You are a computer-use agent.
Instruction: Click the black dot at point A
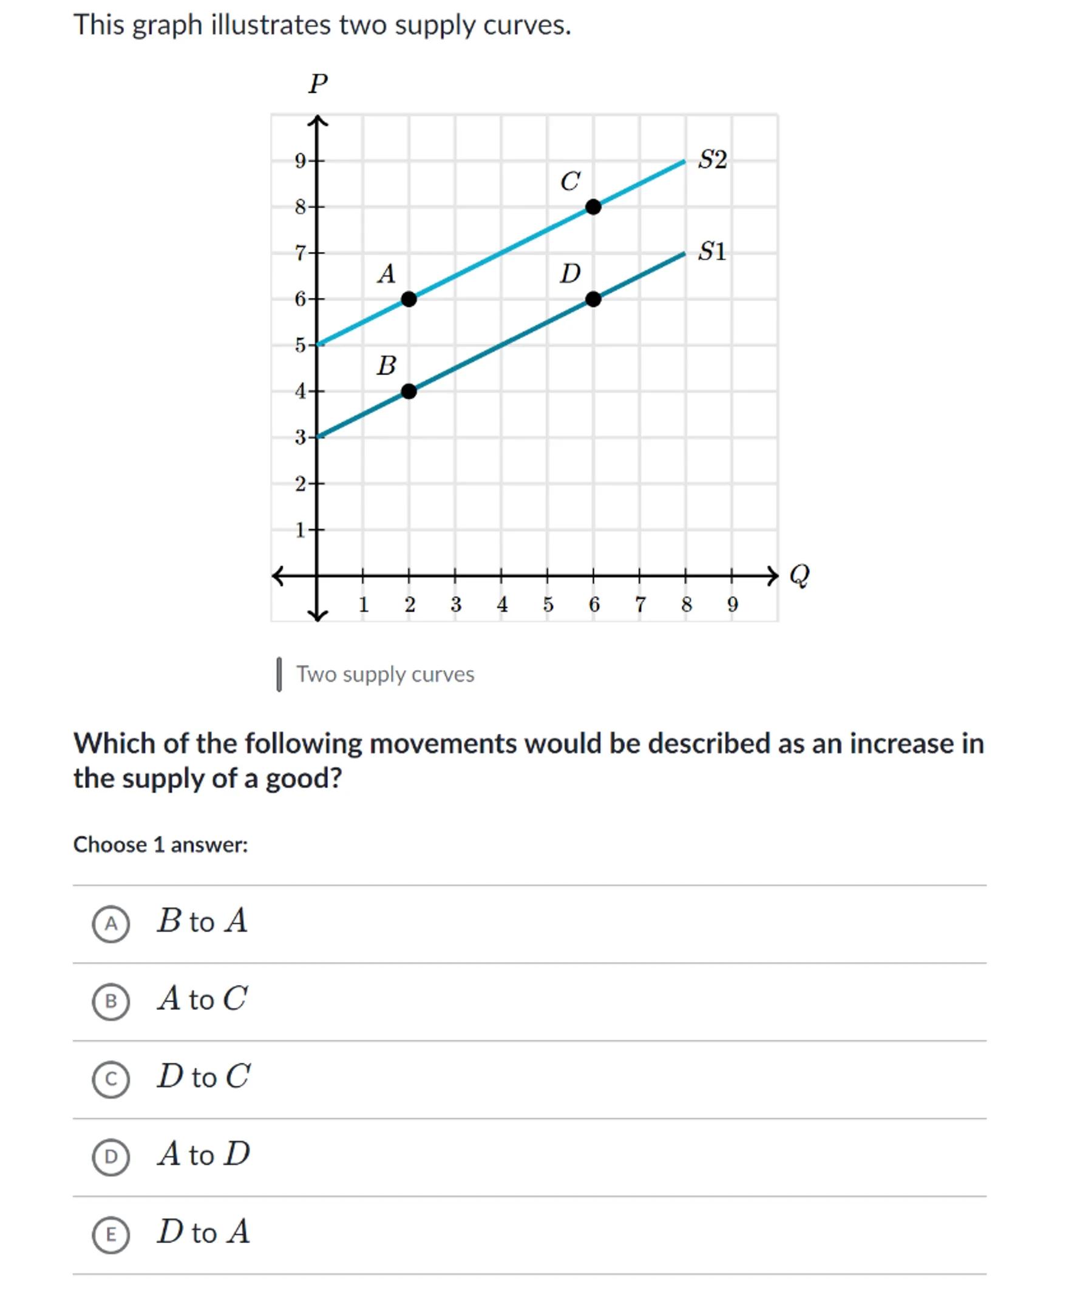(408, 299)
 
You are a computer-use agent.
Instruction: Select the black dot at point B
(408, 391)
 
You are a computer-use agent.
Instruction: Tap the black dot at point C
(593, 207)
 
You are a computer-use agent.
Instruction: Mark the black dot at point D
(593, 299)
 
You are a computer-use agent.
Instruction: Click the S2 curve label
(712, 160)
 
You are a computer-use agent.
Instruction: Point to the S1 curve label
(712, 252)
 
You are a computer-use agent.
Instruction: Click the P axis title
(318, 83)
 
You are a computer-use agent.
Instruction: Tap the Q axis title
(800, 575)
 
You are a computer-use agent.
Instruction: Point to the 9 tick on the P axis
(301, 161)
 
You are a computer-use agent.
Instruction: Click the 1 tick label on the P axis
(301, 530)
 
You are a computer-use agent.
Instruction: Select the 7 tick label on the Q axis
(640, 604)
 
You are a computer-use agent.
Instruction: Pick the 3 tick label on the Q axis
(455, 604)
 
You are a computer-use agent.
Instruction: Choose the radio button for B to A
(110, 924)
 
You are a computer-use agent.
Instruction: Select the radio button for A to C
(110, 1001)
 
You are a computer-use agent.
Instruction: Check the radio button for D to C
(110, 1079)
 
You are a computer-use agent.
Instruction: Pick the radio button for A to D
(110, 1157)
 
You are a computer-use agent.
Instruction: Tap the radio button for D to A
(110, 1235)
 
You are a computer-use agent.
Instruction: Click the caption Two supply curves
(385, 674)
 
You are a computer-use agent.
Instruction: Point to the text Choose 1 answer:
(160, 844)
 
